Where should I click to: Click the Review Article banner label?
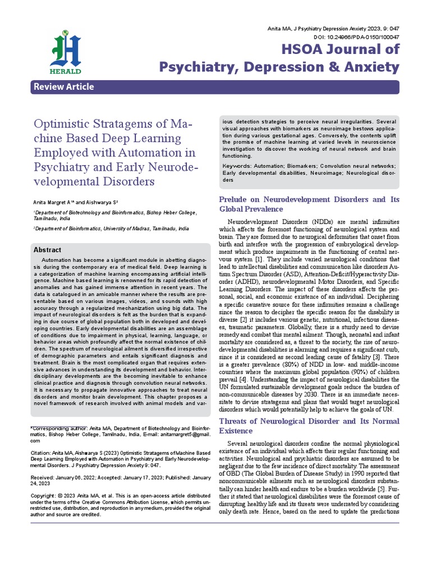point(63,87)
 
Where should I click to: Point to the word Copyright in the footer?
point(45,496)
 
